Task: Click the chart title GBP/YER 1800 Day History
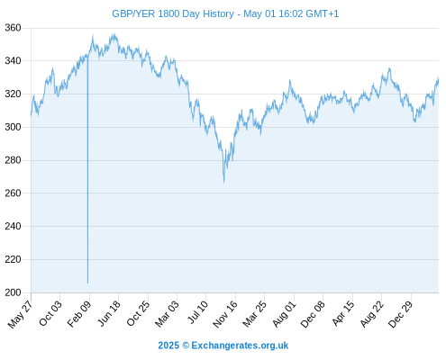pos(173,13)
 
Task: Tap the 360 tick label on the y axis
pos(13,28)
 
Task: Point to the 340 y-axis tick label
pos(13,61)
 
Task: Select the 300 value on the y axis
pos(13,127)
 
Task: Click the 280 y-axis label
pos(13,160)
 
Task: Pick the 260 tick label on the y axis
pos(13,193)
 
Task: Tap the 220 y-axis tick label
pos(13,259)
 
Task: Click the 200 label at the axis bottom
pos(13,292)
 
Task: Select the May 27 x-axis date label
pos(21,314)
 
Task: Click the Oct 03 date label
pos(50,313)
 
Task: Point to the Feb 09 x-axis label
pos(79,314)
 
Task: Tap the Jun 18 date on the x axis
pos(109,313)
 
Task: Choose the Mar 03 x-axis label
pos(167,314)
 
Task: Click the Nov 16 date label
pos(225,314)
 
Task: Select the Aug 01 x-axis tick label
pos(284,314)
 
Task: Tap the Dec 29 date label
pos(401,314)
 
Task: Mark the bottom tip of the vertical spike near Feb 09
pos(87,283)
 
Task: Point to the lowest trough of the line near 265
pos(224,183)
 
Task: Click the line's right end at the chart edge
pos(439,79)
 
